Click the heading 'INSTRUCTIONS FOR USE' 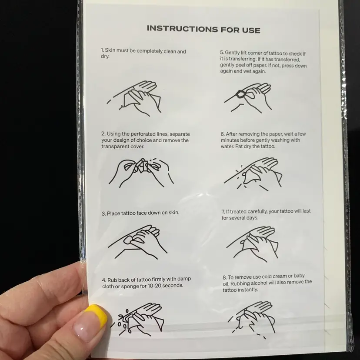(203, 29)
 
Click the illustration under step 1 (134, 98)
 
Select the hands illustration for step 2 (141, 172)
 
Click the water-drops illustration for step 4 (137, 320)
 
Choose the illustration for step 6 (253, 174)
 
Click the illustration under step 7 (253, 244)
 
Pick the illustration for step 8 (251, 320)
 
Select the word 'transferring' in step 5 (241, 59)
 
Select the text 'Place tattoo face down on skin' (143, 213)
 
